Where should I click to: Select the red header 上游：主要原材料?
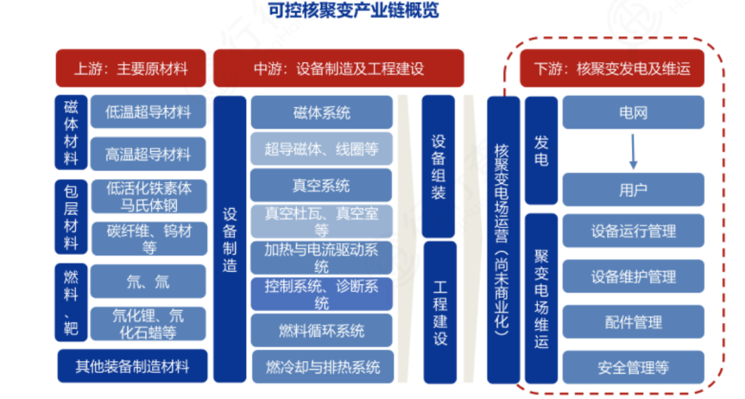pyautogui.click(x=130, y=69)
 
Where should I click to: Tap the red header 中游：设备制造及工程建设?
pyautogui.click(x=338, y=69)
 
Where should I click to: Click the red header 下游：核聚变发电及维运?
pyautogui.click(x=613, y=69)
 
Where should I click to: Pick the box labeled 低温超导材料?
pyautogui.click(x=148, y=112)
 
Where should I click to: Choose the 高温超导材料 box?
pyautogui.click(x=148, y=154)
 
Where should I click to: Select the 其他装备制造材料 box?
pyautogui.click(x=131, y=366)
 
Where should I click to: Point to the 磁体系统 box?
pyautogui.click(x=321, y=112)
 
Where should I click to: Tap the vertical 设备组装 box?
pyautogui.click(x=439, y=166)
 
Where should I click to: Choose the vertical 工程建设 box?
pyautogui.click(x=439, y=311)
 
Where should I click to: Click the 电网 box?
pyautogui.click(x=633, y=112)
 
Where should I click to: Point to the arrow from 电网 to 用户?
pyautogui.click(x=633, y=151)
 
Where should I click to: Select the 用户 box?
pyautogui.click(x=633, y=190)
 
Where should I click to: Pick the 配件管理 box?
pyautogui.click(x=633, y=322)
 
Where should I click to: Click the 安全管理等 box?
pyautogui.click(x=633, y=367)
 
